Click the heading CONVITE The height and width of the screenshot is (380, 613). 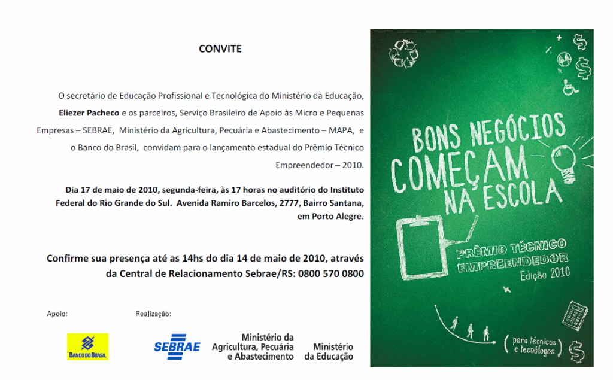click(x=220, y=49)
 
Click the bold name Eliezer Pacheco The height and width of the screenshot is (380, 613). click(x=89, y=112)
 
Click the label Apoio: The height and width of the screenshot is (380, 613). click(x=57, y=313)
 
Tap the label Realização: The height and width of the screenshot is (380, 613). click(x=154, y=313)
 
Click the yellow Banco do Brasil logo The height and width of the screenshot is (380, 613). click(x=87, y=346)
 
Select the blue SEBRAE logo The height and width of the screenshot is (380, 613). click(x=177, y=346)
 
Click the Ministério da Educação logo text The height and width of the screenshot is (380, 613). click(x=329, y=352)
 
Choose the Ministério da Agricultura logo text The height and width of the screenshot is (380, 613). click(x=253, y=347)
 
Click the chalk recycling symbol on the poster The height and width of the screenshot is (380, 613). click(x=403, y=53)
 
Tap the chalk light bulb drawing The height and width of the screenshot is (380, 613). click(x=562, y=162)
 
